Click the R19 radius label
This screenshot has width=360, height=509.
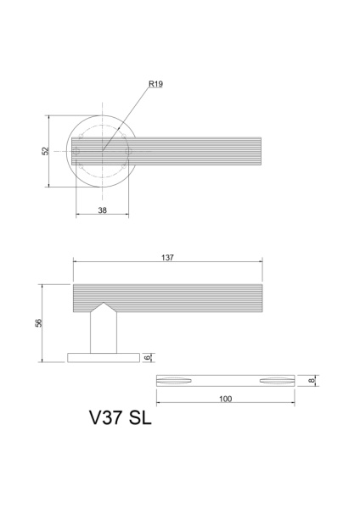(155, 84)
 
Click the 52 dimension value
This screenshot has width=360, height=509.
(45, 151)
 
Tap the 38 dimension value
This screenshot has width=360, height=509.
(102, 210)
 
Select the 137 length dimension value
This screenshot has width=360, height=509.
(167, 259)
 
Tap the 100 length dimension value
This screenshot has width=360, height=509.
(225, 398)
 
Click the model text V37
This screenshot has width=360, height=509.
(106, 419)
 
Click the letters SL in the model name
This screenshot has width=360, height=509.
(141, 419)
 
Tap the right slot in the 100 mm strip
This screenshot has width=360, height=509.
(275, 379)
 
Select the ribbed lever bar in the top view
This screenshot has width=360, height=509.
(195, 151)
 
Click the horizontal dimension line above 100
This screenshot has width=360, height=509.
(225, 404)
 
